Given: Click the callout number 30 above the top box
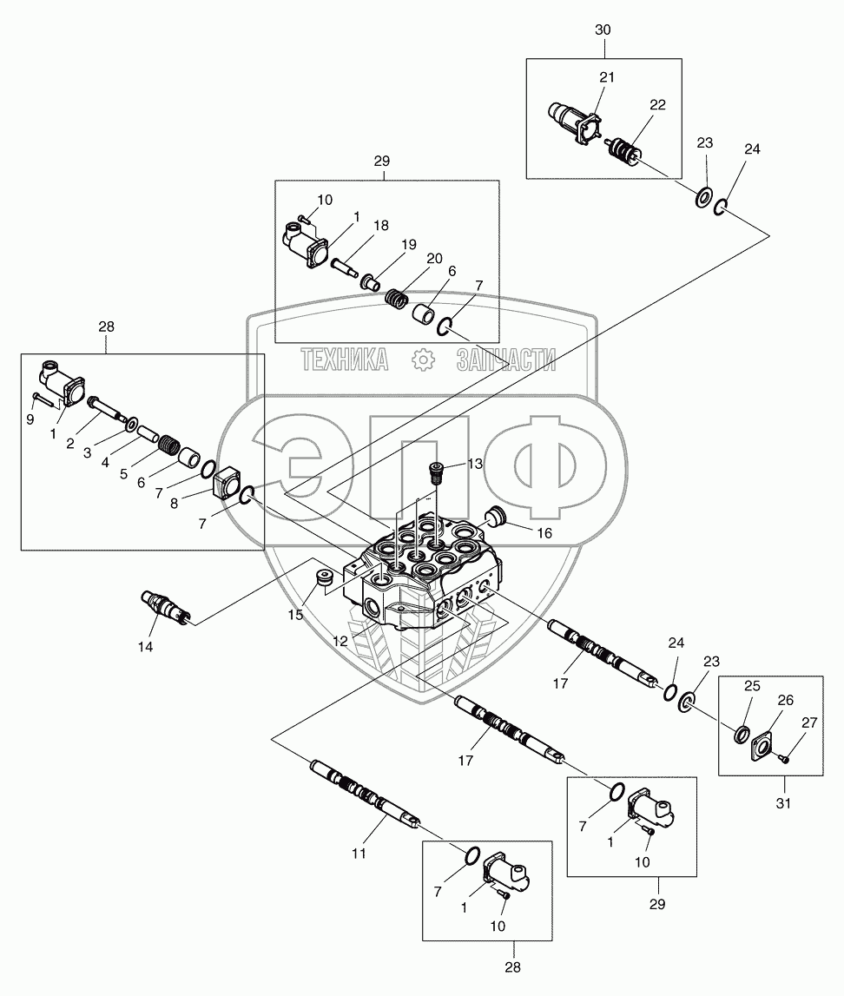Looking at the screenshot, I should point(603,30).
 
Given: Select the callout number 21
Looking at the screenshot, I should point(607,77).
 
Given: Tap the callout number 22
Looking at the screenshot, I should point(657,104).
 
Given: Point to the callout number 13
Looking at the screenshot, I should point(475,465).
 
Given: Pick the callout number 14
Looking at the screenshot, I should point(144,646).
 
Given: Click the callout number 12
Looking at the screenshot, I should point(340,641).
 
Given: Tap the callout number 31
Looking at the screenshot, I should point(783,803).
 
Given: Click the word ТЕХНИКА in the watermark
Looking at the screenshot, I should point(345,359).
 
